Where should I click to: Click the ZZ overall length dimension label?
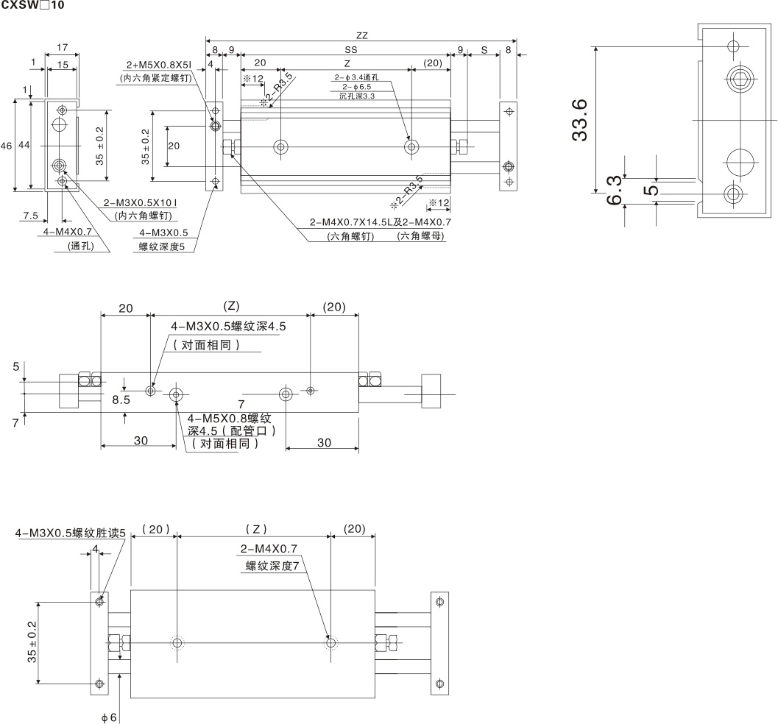coord(361,34)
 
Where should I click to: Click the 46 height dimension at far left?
coord(7,147)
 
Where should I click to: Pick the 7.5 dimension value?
coord(30,216)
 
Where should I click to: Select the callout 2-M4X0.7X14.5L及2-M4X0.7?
coord(380,221)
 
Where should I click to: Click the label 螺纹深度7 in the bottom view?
coord(272,567)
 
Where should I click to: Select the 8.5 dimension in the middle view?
coord(121,400)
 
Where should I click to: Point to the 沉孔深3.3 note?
coord(357,96)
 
